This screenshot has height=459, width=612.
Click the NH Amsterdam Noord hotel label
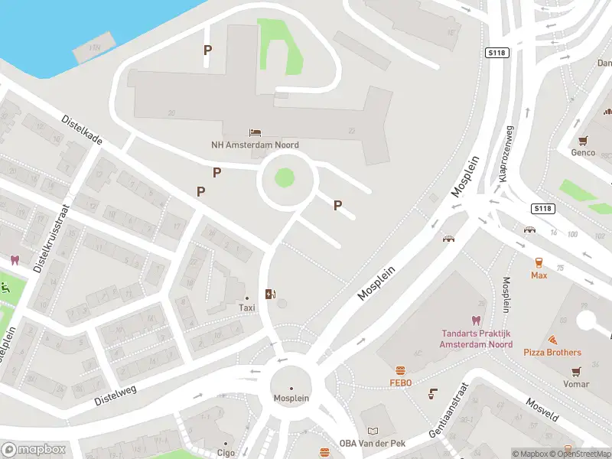tap(255, 145)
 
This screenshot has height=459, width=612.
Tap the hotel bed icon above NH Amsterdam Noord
tap(255, 133)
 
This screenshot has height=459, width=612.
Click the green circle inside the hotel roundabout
tap(284, 178)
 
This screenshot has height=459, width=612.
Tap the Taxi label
tap(246, 308)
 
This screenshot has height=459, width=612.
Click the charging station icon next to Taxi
tap(269, 294)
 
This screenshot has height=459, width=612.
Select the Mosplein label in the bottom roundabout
tap(291, 399)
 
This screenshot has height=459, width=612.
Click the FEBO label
tap(400, 382)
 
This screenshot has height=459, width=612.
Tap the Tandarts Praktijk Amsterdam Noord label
tap(476, 339)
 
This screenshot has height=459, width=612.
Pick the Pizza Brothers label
tap(552, 353)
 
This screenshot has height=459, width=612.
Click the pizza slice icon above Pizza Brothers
tap(552, 340)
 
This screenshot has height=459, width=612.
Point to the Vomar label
tap(576, 384)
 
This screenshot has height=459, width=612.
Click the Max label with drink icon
tap(539, 274)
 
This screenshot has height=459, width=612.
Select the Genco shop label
tap(583, 152)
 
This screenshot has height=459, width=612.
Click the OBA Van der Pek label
tap(372, 443)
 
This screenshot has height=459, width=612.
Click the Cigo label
tap(225, 452)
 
